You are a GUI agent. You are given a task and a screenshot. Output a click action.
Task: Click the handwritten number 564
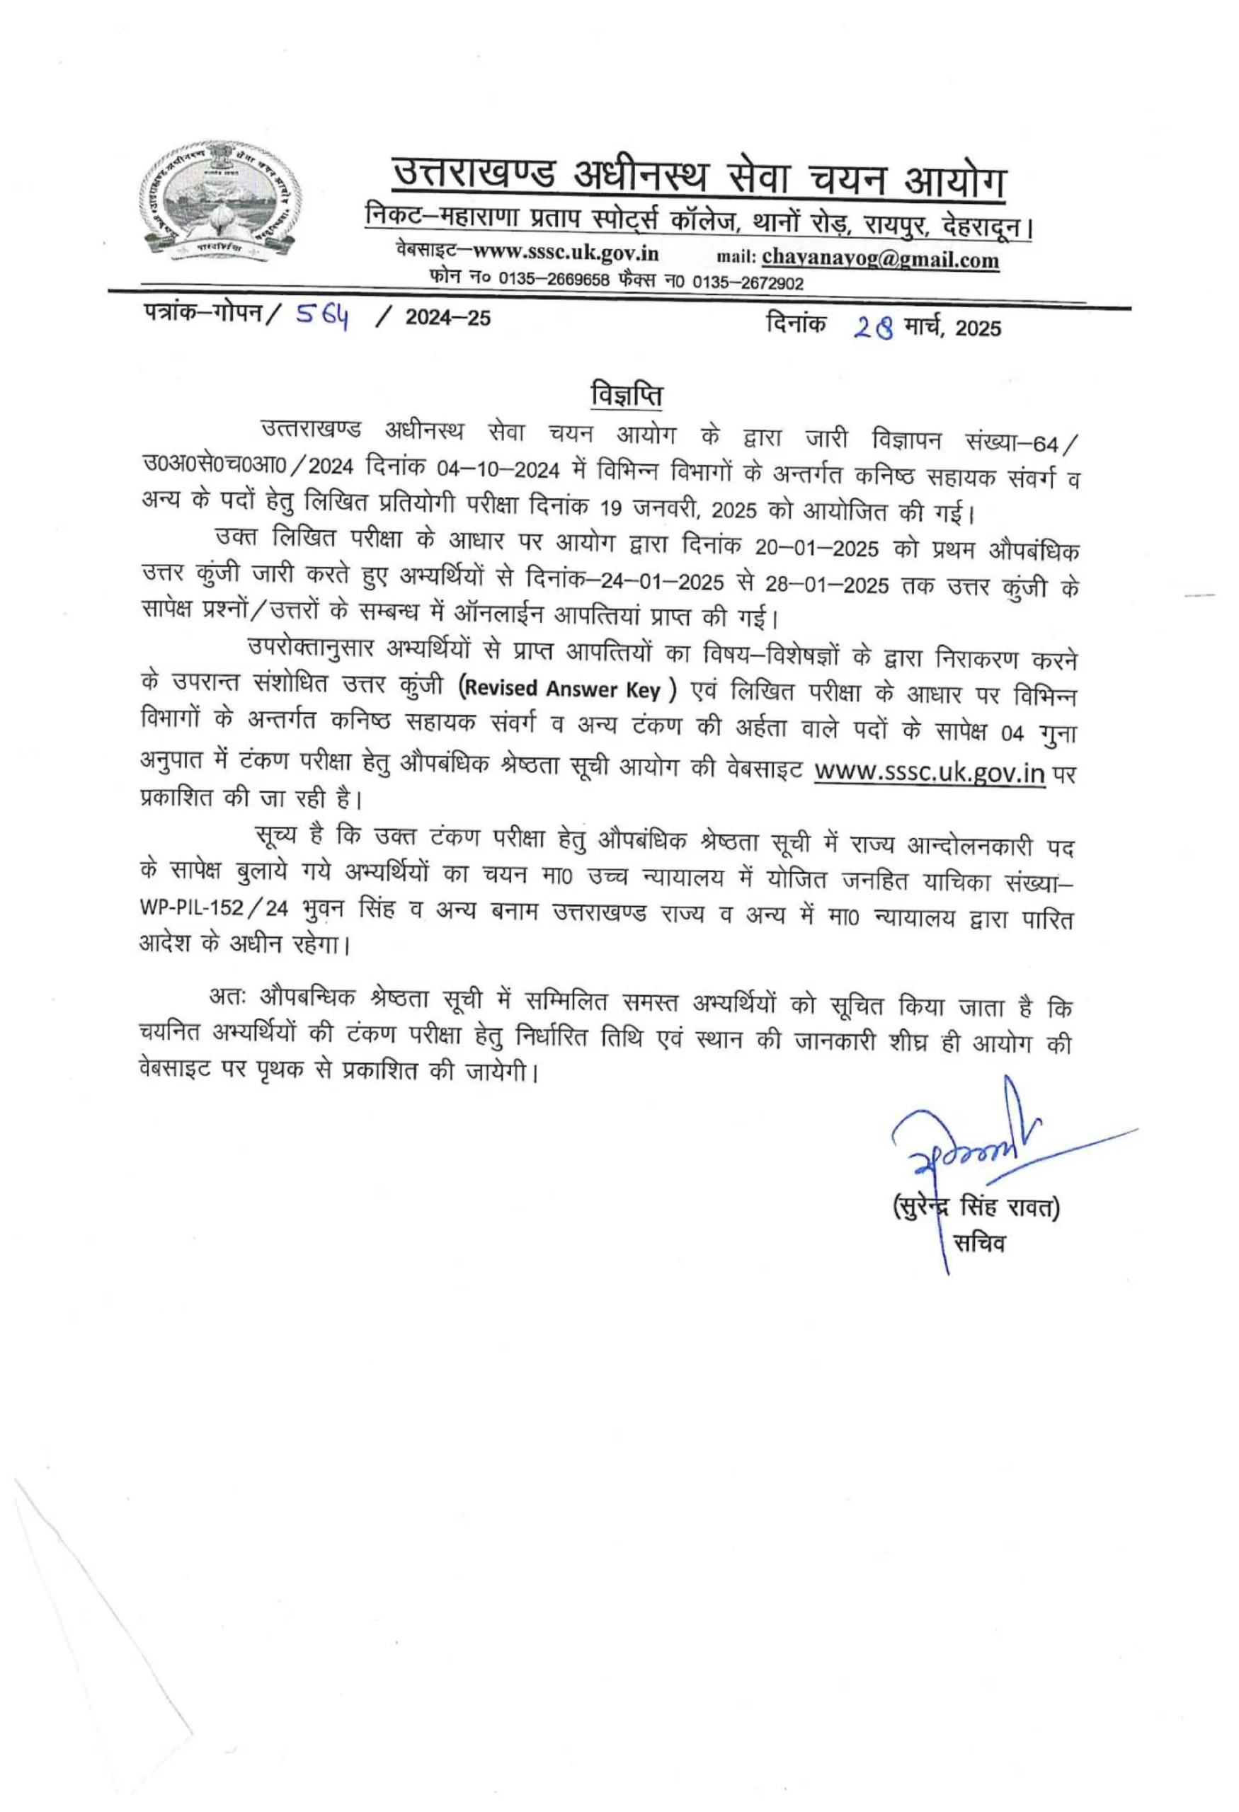coord(321,316)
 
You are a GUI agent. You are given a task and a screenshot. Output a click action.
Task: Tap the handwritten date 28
coord(873,327)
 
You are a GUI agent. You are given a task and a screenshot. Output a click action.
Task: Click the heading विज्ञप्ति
coord(626,394)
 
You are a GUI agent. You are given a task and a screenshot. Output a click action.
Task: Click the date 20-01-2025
coord(816,547)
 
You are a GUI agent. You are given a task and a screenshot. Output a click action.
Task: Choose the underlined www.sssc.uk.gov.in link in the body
coord(929,772)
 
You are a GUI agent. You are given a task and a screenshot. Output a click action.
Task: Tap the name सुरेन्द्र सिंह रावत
coord(976,1208)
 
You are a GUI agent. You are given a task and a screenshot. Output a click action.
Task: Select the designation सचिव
coord(979,1243)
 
